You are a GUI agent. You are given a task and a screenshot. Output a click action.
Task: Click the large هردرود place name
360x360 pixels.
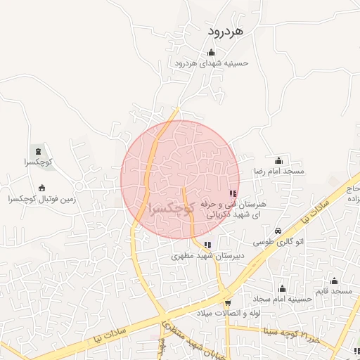(x=225, y=32)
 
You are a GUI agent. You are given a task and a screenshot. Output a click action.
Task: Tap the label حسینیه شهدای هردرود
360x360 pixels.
(x=212, y=63)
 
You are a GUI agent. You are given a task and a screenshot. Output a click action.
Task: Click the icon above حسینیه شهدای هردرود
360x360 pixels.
(x=212, y=52)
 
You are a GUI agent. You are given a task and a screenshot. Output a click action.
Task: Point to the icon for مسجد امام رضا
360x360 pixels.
(x=278, y=160)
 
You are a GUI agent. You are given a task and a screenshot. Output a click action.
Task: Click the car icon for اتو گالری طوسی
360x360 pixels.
(x=278, y=231)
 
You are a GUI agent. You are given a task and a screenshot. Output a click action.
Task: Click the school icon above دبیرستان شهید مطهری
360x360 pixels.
(x=207, y=245)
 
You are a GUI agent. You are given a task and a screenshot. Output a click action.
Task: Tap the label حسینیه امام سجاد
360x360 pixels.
(x=282, y=299)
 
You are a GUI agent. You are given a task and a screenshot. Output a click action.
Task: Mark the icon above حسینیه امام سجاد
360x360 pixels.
(x=282, y=288)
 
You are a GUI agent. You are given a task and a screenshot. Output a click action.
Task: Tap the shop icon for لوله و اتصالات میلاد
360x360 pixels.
(x=227, y=302)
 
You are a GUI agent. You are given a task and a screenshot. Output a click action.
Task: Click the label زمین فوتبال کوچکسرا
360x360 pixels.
(x=41, y=200)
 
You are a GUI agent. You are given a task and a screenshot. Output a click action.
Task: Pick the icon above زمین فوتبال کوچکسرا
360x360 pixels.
(x=41, y=188)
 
